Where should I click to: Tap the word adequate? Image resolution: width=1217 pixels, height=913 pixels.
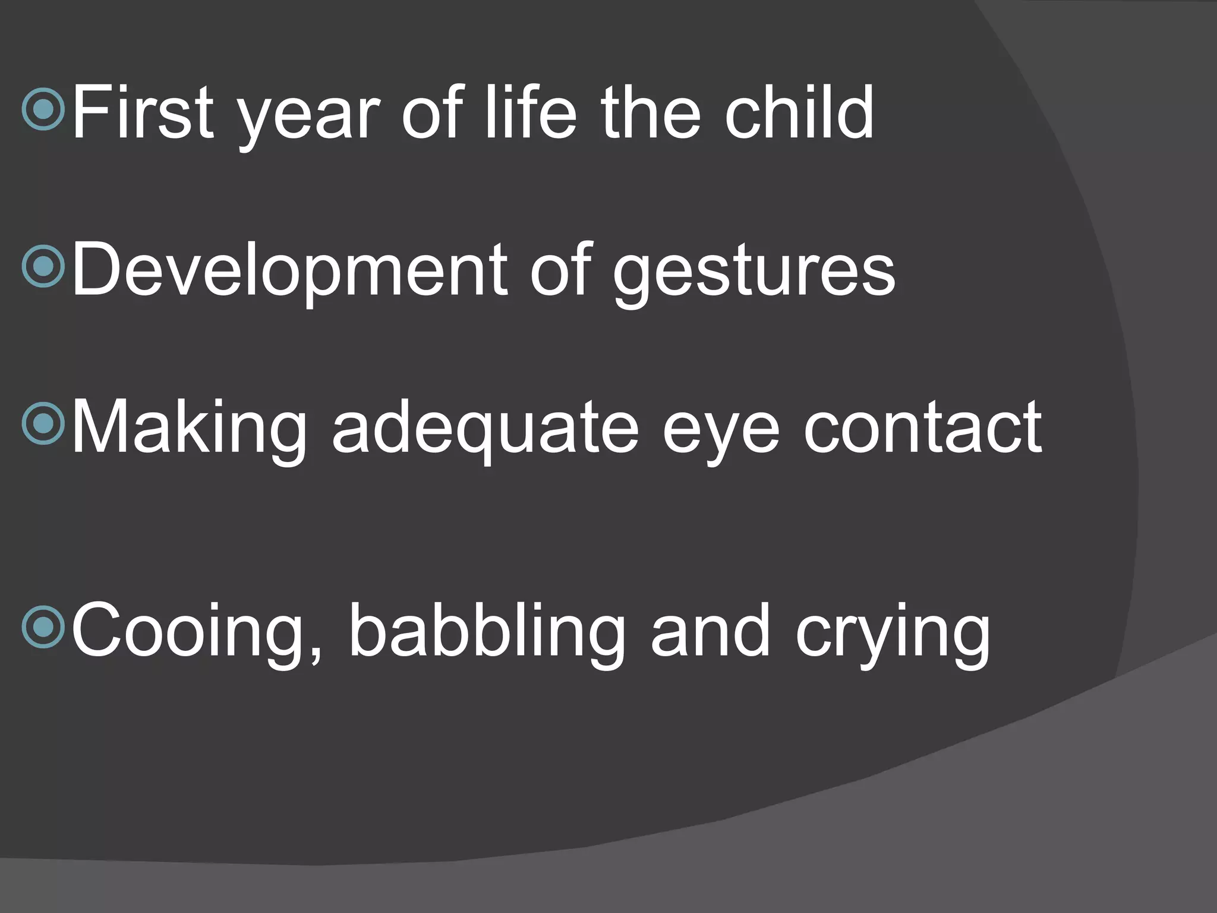click(x=484, y=431)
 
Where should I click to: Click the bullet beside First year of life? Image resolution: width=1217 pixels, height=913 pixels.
click(x=43, y=109)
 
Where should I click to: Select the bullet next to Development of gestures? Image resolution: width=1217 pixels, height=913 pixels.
click(x=43, y=268)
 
